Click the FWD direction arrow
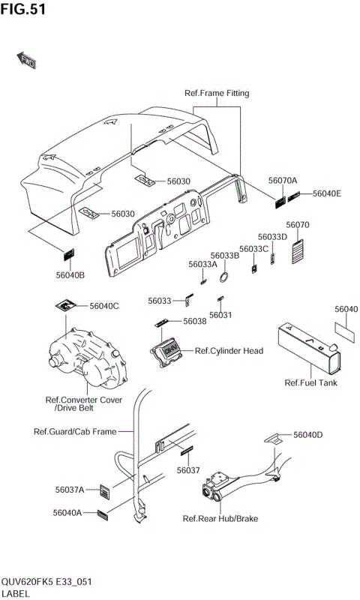pos(26,60)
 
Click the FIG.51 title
pos(23,9)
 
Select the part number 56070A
pos(283,181)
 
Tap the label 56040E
pos(327,193)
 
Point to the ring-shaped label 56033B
pos(224,276)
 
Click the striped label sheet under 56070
pos(297,251)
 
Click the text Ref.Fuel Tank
pos(311,382)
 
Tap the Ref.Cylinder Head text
pos(229,350)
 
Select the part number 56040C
pos(104,306)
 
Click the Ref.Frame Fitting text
pos(217,93)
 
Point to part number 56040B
pos(70,274)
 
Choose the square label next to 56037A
pos(105,490)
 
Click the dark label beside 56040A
pos(103,515)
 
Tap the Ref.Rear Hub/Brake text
pos(220,518)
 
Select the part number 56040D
pos(308,435)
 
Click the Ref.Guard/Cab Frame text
pos(75,432)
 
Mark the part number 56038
pos(195,321)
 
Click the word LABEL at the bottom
pos(15,593)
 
